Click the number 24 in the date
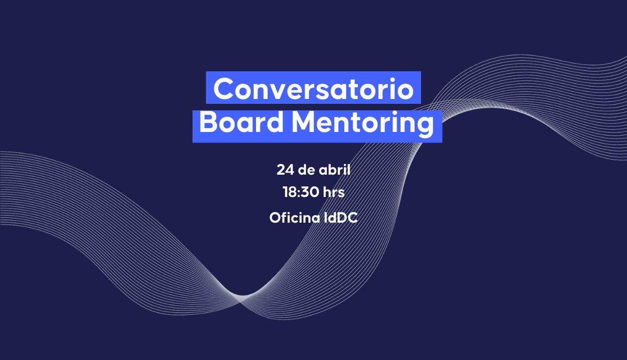tap(285, 170)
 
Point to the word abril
tap(335, 169)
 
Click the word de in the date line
tap(306, 169)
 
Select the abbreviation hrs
tap(334, 192)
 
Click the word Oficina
tap(295, 218)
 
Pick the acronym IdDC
tap(340, 218)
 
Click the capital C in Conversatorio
tap(224, 88)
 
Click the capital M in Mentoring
tap(304, 122)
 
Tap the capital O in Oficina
tap(275, 218)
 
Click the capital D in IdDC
tap(341, 218)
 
